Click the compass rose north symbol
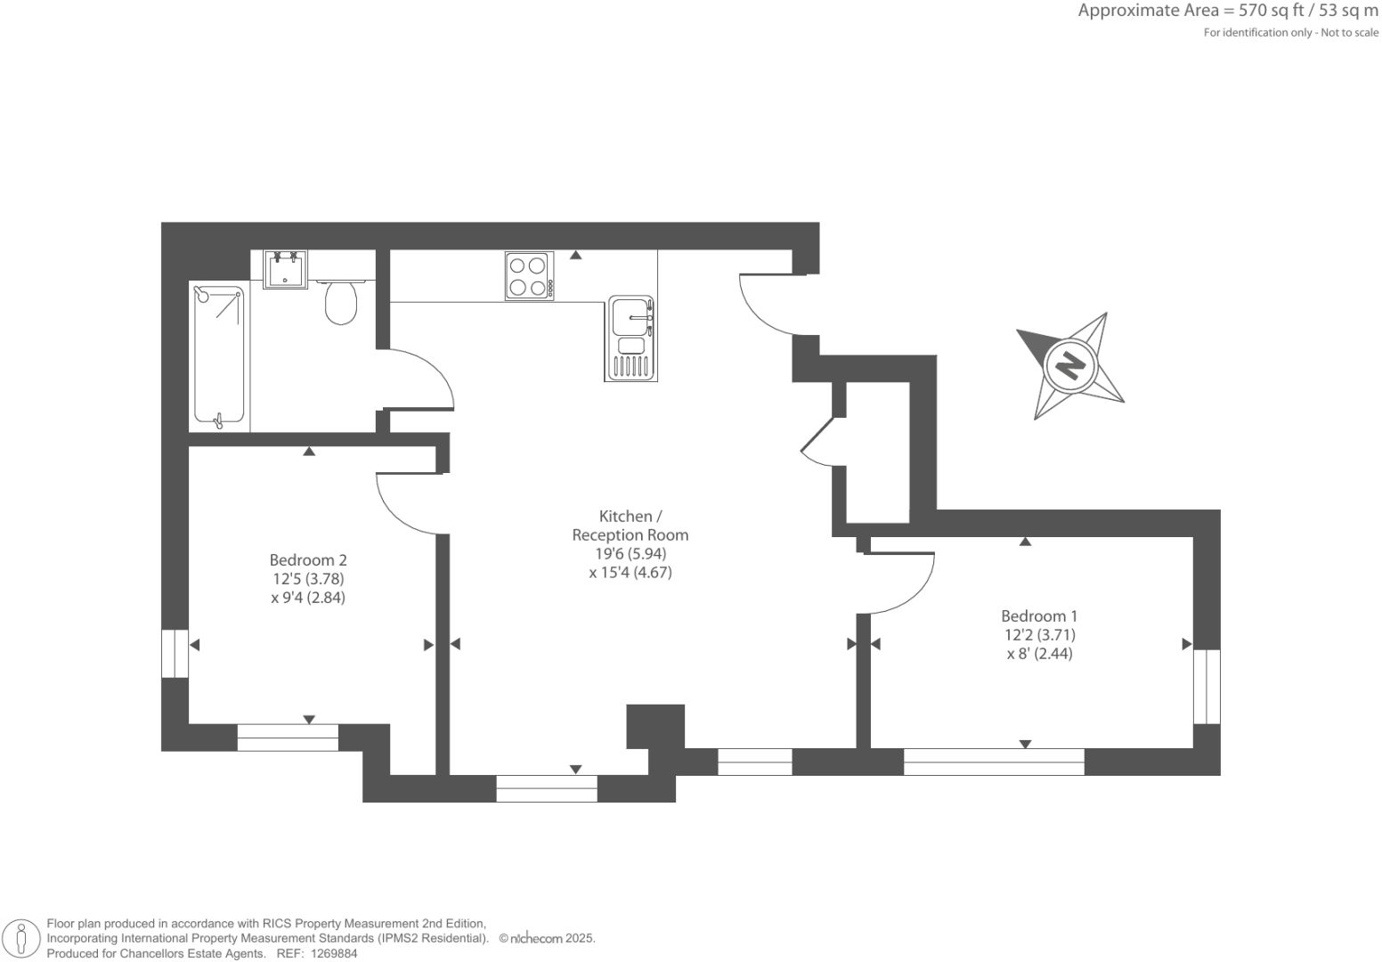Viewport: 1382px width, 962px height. pos(1069,365)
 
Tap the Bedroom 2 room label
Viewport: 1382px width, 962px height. pos(308,560)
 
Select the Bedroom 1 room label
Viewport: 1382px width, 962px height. pos(1039,616)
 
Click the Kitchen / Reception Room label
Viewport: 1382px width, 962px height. pos(630,526)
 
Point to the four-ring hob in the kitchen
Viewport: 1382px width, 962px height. pos(529,275)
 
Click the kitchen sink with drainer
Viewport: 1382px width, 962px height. pos(631,338)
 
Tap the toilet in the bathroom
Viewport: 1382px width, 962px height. pos(341,301)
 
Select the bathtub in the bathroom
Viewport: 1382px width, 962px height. pos(219,355)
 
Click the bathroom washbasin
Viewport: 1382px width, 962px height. pos(286,268)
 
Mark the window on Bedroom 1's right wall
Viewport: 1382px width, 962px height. pos(1207,687)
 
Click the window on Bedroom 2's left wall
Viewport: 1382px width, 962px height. pos(175,654)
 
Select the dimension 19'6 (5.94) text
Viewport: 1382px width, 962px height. pos(630,553)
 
